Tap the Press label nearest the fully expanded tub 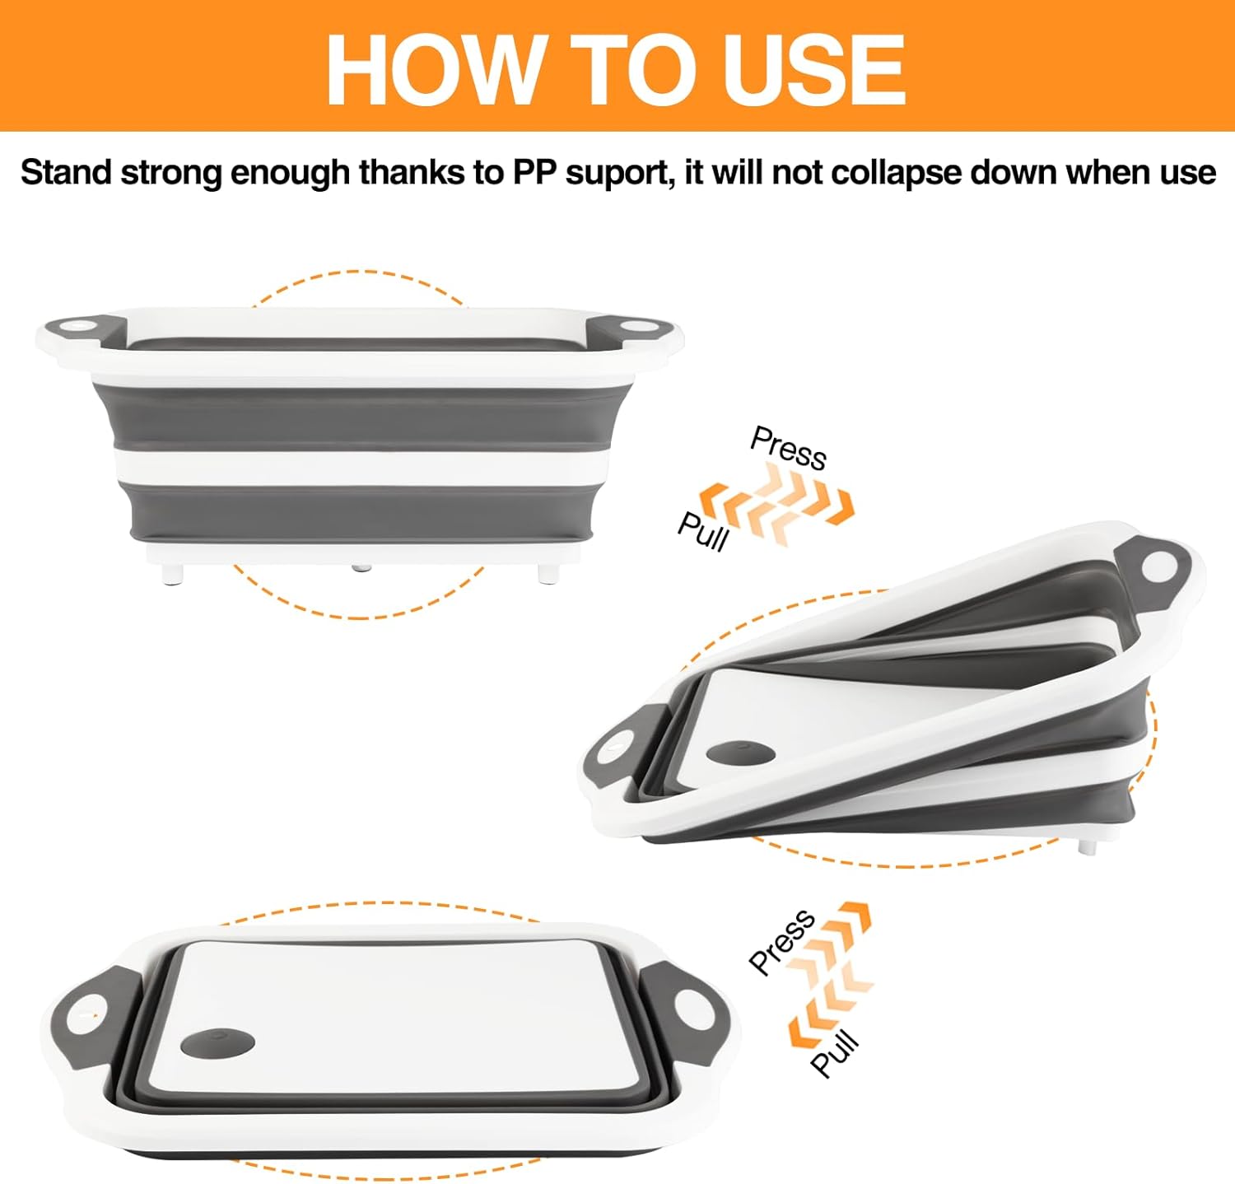tap(788, 449)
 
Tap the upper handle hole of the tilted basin tap(1161, 566)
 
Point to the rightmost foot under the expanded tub tap(544, 573)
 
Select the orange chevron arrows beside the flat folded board tap(829, 976)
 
